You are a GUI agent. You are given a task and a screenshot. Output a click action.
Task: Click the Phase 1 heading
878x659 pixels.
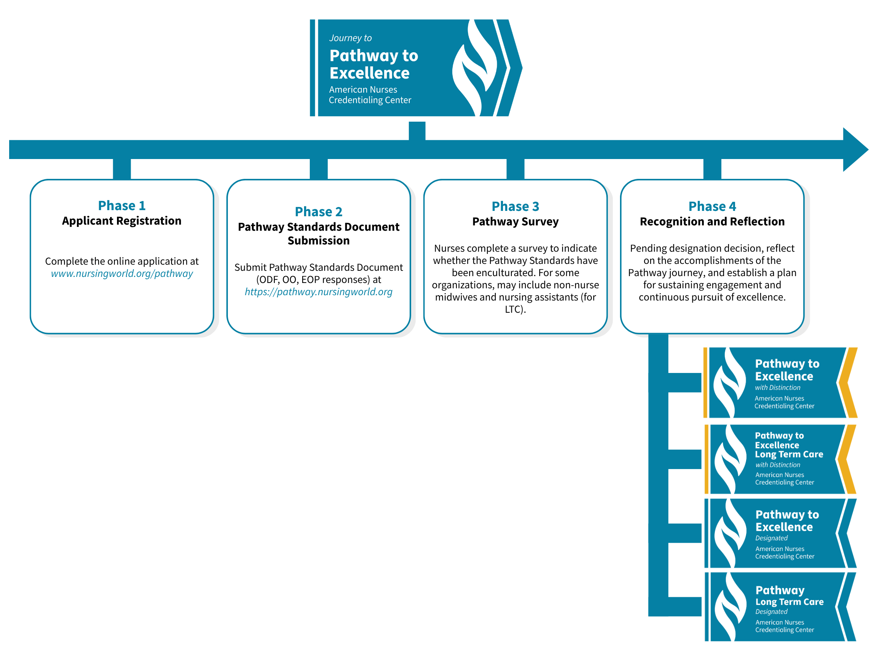(x=122, y=206)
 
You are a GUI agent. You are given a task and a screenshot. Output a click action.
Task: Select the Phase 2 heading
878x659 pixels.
(x=318, y=212)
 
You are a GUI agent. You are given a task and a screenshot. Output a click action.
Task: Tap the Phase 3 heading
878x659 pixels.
(x=515, y=206)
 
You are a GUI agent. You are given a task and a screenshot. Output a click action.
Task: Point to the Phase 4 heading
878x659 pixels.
(x=712, y=206)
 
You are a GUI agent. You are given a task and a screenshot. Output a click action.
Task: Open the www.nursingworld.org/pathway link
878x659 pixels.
(x=122, y=274)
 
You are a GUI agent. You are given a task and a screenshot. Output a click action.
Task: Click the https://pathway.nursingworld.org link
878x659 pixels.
(x=318, y=292)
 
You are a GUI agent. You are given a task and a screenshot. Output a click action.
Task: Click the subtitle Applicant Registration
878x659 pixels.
(x=122, y=221)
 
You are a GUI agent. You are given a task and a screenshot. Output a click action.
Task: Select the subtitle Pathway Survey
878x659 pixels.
(x=515, y=222)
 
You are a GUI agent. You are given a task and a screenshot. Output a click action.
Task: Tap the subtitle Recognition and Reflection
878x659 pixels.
(x=712, y=222)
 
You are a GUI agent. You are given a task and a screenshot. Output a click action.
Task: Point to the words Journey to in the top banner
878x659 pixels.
(x=350, y=38)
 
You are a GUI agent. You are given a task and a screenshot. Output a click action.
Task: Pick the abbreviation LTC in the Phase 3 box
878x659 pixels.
(x=514, y=309)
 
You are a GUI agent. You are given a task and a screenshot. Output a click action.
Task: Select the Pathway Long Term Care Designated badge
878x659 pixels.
(x=780, y=607)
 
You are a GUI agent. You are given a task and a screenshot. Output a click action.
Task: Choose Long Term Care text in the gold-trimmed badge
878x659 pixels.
(x=789, y=454)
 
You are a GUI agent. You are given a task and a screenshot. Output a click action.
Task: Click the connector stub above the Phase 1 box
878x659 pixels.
(x=122, y=169)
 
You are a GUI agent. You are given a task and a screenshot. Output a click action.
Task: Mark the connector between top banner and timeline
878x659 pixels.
(x=417, y=131)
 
